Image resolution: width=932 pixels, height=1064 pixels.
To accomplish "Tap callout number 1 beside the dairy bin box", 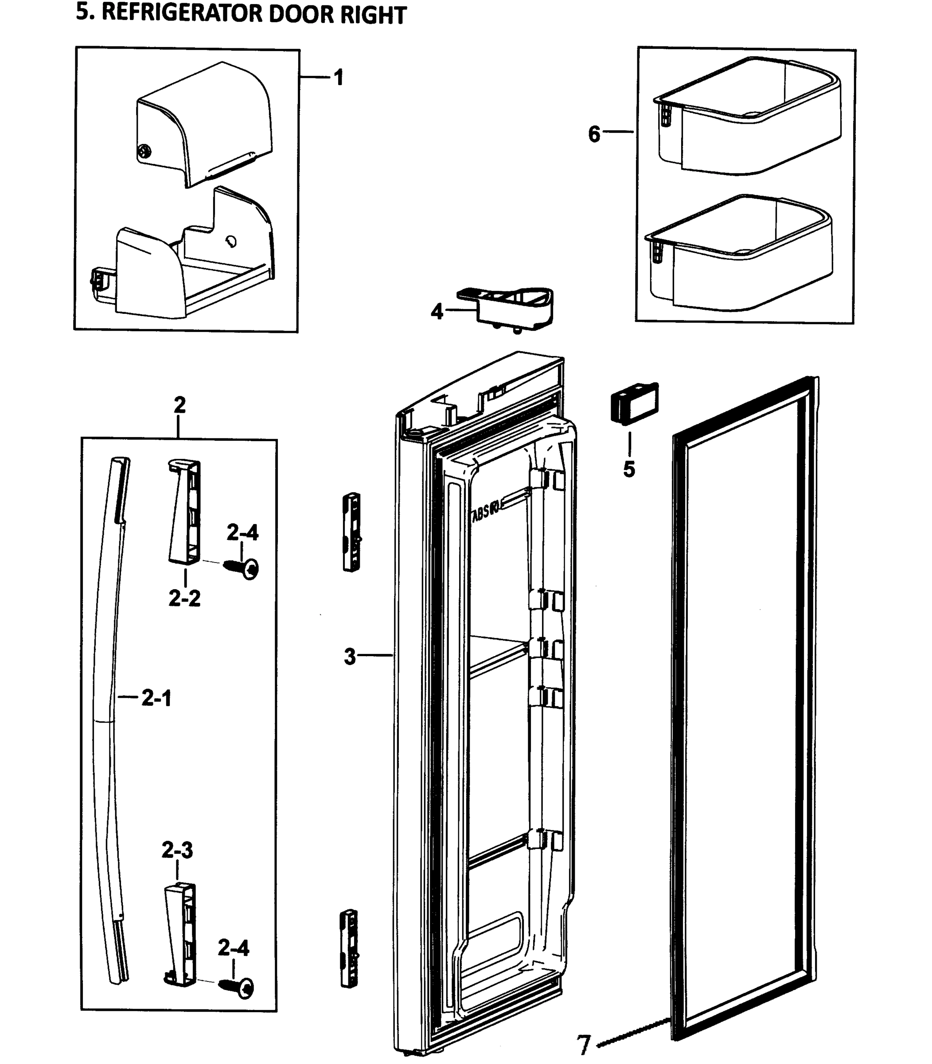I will (339, 78).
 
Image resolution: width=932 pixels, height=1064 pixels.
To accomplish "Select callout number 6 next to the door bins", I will (594, 134).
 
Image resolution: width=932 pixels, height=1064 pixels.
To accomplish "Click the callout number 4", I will (437, 312).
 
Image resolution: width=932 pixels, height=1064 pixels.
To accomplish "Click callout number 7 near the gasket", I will (584, 1045).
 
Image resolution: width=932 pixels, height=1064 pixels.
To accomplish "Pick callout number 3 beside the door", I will (350, 657).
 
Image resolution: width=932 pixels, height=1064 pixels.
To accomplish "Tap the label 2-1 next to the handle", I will (156, 698).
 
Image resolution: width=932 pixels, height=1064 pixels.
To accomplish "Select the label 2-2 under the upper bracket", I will (184, 599).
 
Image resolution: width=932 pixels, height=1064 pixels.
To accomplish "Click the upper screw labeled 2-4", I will (242, 568).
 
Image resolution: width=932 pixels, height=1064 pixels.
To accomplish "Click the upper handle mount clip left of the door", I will (352, 532).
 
